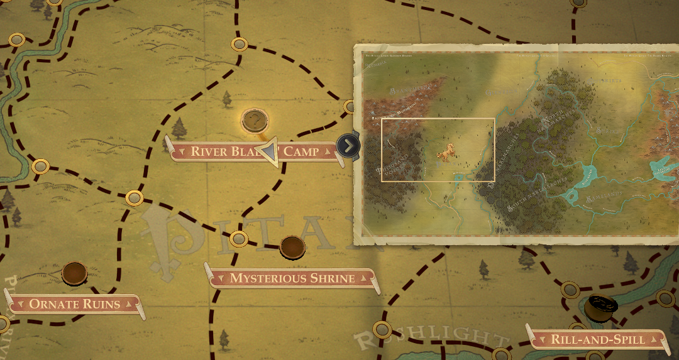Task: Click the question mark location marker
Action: (255, 119)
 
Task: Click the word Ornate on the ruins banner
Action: (52, 304)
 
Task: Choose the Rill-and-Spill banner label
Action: (598, 339)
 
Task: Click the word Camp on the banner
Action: (301, 151)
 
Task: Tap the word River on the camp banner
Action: (209, 151)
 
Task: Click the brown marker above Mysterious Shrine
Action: (292, 246)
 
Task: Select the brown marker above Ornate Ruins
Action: (74, 273)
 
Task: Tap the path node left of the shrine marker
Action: (238, 239)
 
